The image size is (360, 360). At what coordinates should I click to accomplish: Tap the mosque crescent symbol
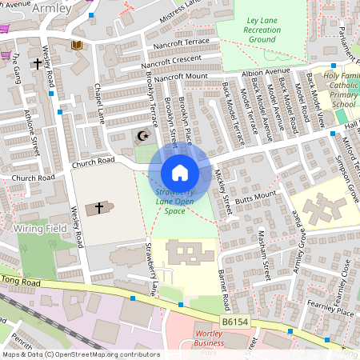144,136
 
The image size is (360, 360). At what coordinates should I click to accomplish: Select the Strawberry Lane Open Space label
174,202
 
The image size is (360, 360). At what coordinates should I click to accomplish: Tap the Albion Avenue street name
266,71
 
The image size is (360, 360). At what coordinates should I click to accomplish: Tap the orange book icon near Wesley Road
77,46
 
